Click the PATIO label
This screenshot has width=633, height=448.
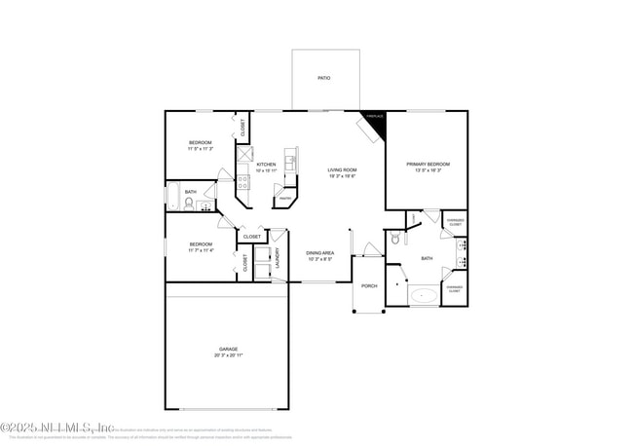323,77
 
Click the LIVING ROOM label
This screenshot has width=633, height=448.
342,169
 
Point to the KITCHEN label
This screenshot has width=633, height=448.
266,164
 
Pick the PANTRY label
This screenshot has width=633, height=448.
284,199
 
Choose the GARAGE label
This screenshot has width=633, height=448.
228,349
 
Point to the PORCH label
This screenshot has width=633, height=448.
369,285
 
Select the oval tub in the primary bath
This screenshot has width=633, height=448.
424,293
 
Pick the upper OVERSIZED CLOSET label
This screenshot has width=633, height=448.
455,221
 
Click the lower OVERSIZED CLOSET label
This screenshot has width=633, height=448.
455,287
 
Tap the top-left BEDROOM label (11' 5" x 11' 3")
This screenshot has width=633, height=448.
200,143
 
